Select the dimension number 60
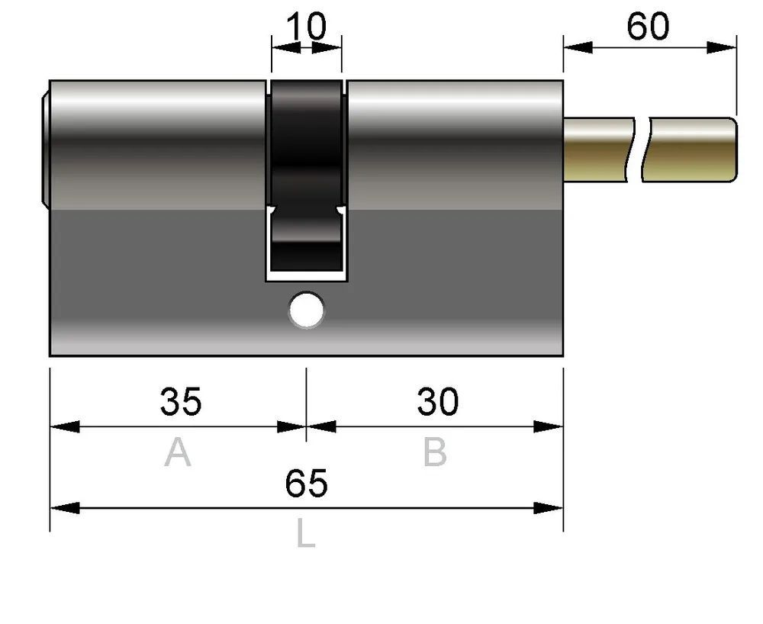point(648,27)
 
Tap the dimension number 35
point(181,402)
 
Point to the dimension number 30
point(437,402)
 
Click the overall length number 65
point(306,484)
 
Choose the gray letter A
point(178,452)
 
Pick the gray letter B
point(435,452)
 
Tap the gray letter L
point(306,532)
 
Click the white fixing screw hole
point(307,310)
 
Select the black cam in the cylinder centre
point(307,175)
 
